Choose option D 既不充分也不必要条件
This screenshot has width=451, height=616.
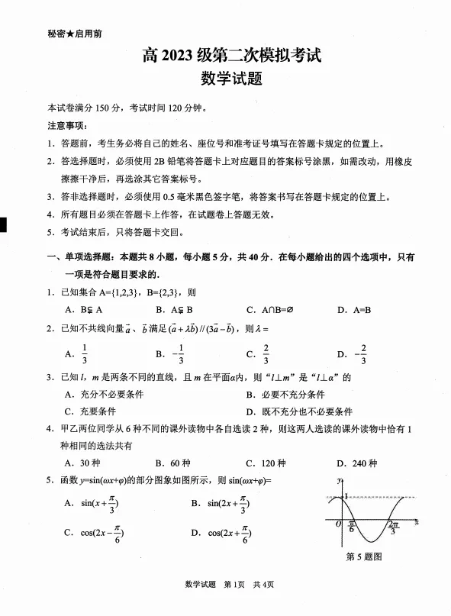(298, 411)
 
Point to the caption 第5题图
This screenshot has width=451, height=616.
(364, 556)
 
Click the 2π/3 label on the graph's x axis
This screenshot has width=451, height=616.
(394, 528)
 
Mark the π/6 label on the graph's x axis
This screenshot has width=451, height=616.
(352, 527)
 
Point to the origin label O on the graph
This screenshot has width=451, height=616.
(338, 525)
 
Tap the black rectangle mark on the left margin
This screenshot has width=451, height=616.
(3, 225)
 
